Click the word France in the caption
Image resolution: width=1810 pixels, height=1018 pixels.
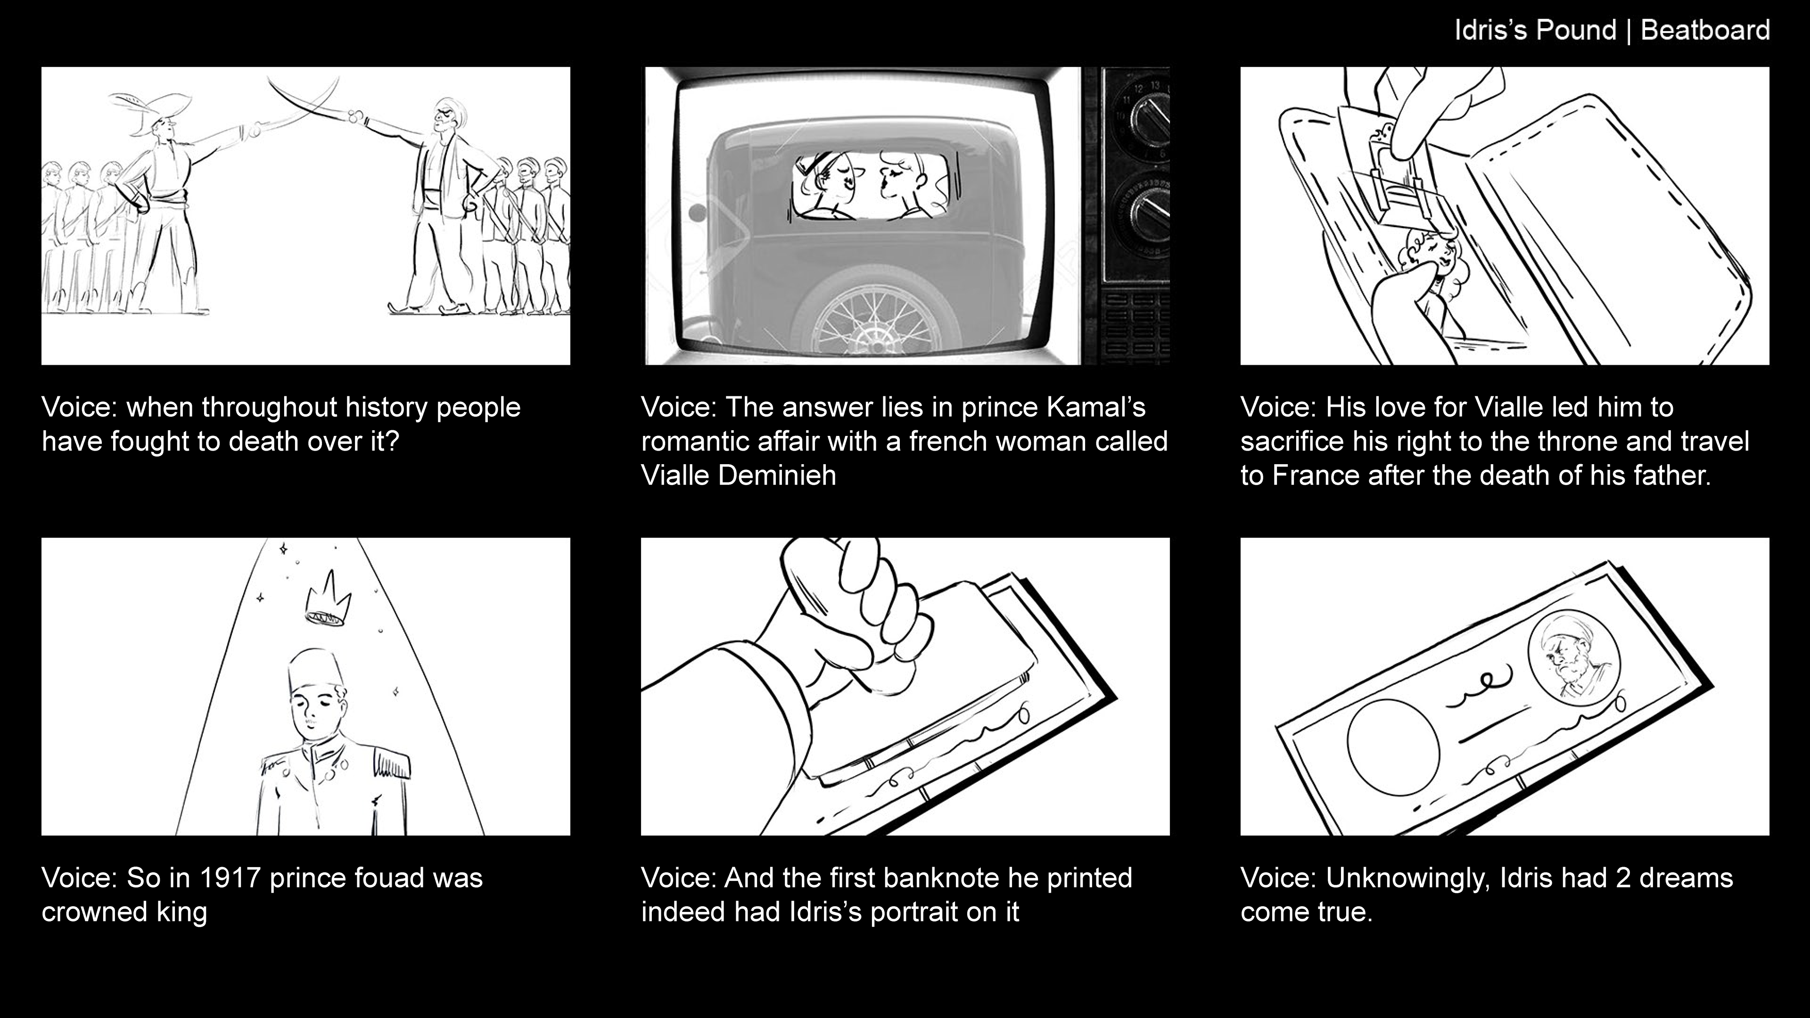[1315, 476]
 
